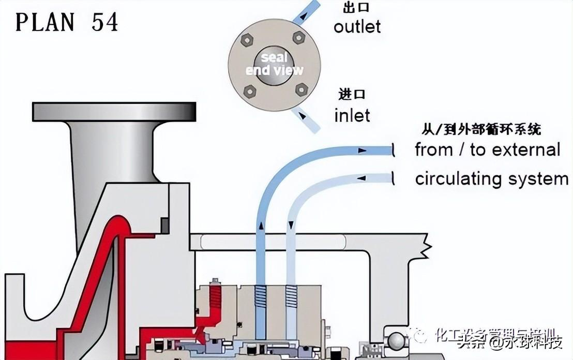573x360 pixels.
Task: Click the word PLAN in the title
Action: (x=44, y=22)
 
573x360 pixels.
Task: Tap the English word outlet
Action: (x=357, y=26)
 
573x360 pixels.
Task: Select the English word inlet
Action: (x=352, y=115)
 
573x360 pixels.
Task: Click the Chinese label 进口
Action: (x=352, y=94)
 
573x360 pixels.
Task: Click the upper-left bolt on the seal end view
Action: (x=248, y=39)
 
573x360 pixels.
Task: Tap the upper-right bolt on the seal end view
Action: (x=298, y=37)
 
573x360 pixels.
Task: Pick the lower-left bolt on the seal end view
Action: (x=249, y=91)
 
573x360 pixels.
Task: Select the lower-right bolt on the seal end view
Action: (x=301, y=89)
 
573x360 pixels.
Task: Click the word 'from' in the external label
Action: (x=434, y=150)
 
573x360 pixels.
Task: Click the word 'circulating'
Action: (x=458, y=179)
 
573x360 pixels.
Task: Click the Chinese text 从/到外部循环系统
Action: (x=482, y=129)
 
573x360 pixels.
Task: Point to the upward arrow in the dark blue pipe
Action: (x=262, y=226)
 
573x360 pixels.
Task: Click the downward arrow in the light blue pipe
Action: (x=292, y=226)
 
